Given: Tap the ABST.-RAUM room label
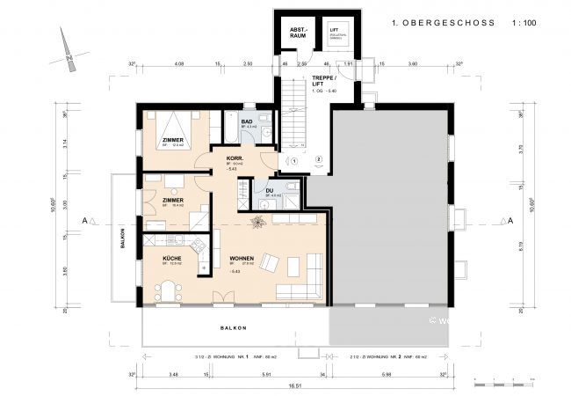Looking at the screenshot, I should [300, 33].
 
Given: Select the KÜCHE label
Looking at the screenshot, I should [173, 258].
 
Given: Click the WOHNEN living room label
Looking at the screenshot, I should [242, 258].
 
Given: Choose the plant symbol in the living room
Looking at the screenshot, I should [258, 223].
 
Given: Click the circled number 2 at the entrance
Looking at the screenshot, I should [319, 160].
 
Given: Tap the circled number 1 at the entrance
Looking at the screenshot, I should [295, 160].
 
